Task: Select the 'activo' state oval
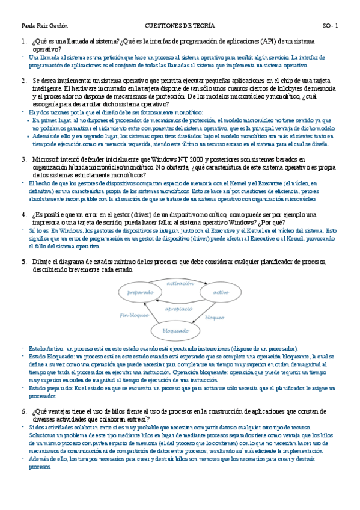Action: tap(221, 292)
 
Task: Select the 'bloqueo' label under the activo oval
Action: tap(215, 317)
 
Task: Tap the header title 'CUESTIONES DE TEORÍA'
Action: tap(180, 26)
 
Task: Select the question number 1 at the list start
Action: tap(23, 41)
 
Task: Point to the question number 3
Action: tap(23, 159)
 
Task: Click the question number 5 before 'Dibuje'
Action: tap(23, 262)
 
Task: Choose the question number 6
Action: tap(23, 411)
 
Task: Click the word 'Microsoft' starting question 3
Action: tap(47, 159)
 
